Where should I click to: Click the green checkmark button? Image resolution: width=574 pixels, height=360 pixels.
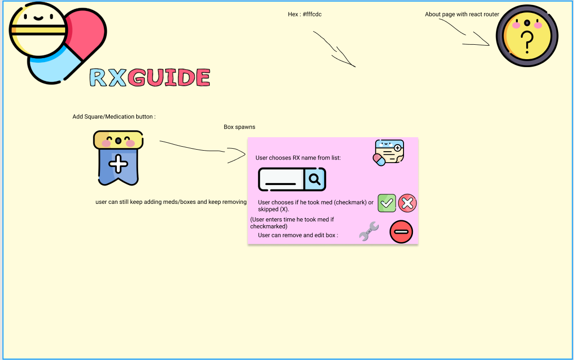(387, 203)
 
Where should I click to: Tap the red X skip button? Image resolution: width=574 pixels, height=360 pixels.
(407, 203)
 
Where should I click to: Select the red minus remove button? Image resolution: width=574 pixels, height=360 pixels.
(401, 232)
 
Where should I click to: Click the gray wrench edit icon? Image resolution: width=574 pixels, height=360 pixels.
(369, 232)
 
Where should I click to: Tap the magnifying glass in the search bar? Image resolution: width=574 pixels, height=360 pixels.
(315, 179)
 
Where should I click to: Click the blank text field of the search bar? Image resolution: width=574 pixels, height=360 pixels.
(281, 179)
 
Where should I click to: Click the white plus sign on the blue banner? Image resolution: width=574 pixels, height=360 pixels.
(118, 164)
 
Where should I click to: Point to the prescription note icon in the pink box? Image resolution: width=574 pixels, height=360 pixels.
(389, 152)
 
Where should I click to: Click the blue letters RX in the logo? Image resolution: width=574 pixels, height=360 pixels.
(108, 78)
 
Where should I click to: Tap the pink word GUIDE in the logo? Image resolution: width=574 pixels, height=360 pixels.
(168, 78)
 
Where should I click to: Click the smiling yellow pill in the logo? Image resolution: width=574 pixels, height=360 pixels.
(38, 29)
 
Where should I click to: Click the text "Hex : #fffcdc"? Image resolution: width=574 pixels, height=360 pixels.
(305, 14)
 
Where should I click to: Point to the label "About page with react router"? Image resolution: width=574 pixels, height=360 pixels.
(462, 14)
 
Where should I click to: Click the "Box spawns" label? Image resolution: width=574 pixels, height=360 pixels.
(239, 127)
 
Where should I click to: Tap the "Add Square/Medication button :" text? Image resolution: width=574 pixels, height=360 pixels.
(114, 117)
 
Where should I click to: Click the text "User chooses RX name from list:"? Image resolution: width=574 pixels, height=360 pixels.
(298, 158)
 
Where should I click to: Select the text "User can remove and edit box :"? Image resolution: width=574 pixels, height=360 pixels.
(298, 235)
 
